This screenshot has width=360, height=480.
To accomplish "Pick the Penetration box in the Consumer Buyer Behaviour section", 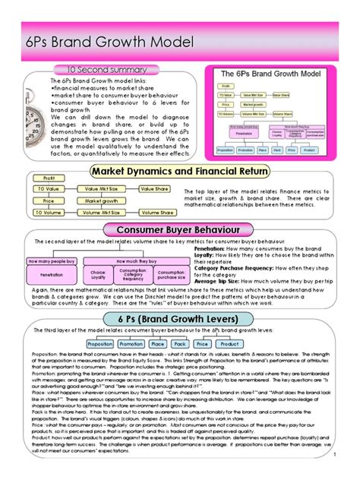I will coord(51,274).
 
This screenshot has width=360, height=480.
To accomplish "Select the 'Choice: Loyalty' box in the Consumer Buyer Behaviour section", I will coord(98,273).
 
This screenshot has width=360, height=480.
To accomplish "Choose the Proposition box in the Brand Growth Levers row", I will coord(100,343).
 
